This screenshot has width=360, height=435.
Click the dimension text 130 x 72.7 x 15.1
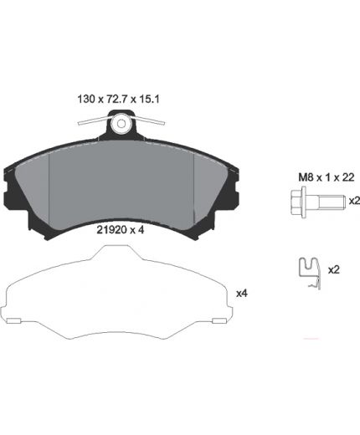tap(118, 99)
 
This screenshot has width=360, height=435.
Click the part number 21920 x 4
tap(121, 230)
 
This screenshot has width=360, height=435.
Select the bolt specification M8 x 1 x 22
tap(327, 177)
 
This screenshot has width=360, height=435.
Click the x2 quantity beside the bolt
tap(354, 201)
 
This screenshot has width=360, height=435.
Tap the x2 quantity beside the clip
tap(334, 269)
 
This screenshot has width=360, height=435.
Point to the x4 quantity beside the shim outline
tap(242, 294)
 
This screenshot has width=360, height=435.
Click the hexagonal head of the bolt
tap(298, 202)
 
